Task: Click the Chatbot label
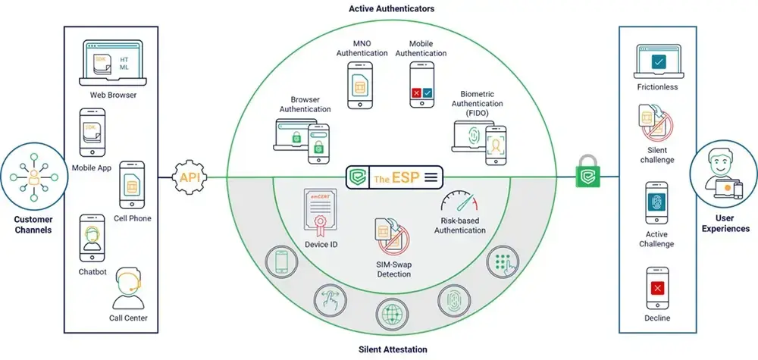tap(92, 270)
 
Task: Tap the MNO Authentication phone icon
tap(359, 85)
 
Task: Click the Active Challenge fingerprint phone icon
tap(657, 205)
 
